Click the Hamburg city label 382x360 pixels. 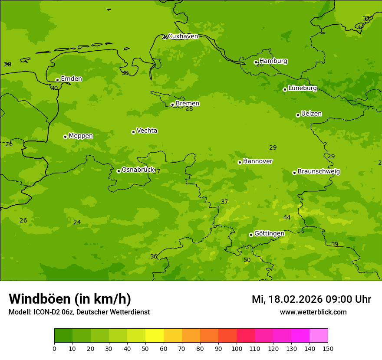pos(273,61)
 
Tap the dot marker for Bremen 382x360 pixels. pos(172,105)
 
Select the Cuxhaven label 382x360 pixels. pos(183,36)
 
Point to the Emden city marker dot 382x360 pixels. pos(57,80)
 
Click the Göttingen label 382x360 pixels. pos(269,233)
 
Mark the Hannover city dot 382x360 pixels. pos(240,162)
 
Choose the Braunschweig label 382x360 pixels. pos(319,172)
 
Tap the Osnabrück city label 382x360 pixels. pos(138,170)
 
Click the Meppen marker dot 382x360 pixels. pos(65,137)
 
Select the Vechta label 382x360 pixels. pos(147,131)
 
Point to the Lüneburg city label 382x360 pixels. pos(303,88)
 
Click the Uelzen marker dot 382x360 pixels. pos(298,115)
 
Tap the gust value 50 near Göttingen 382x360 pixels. pos(247,260)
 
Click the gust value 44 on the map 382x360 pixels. pos(287,217)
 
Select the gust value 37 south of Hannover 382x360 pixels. pos(224,202)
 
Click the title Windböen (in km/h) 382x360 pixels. pos(70,299)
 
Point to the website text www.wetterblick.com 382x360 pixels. pos(313,312)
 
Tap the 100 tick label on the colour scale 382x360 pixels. pos(237,348)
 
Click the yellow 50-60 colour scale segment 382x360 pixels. pos(155,336)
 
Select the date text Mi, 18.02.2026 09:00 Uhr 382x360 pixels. pos(311,299)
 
